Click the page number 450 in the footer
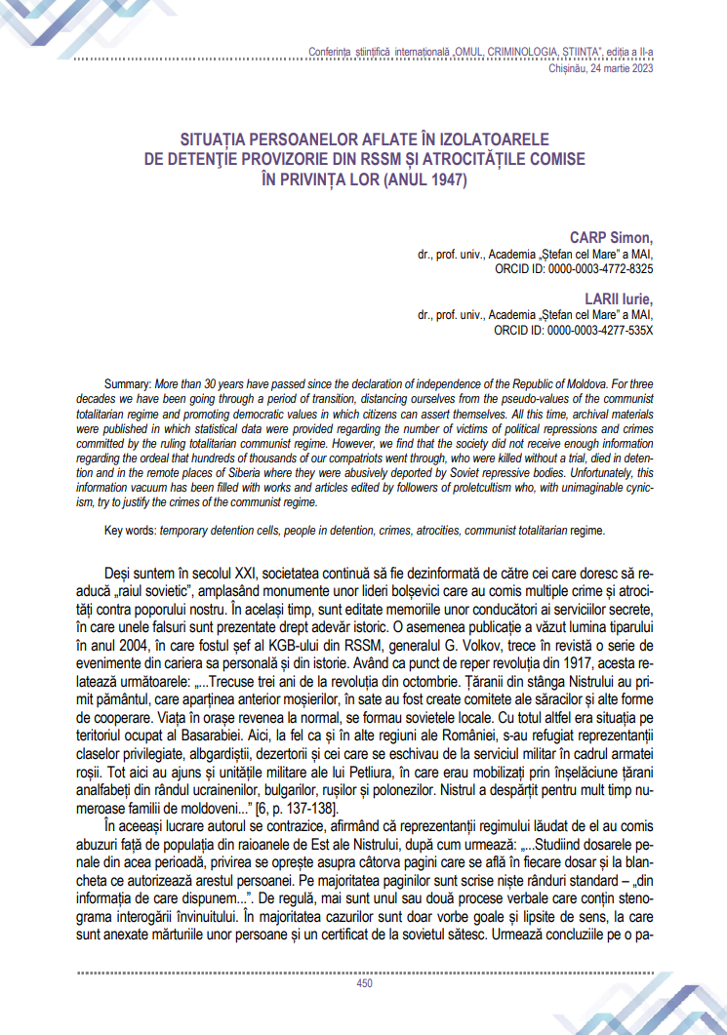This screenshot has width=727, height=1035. pos(364,983)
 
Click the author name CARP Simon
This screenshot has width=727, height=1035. pos(612,237)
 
